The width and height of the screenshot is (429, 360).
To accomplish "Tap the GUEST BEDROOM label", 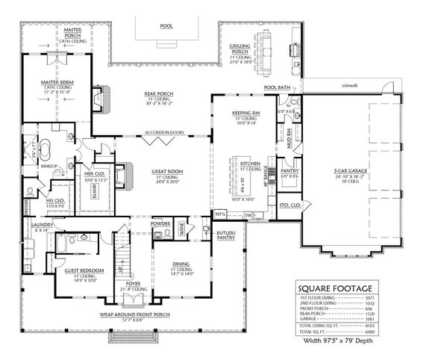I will point(83,270).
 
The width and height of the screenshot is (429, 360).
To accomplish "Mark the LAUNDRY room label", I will point(40,226).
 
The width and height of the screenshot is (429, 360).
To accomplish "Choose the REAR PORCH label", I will point(138,93).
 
